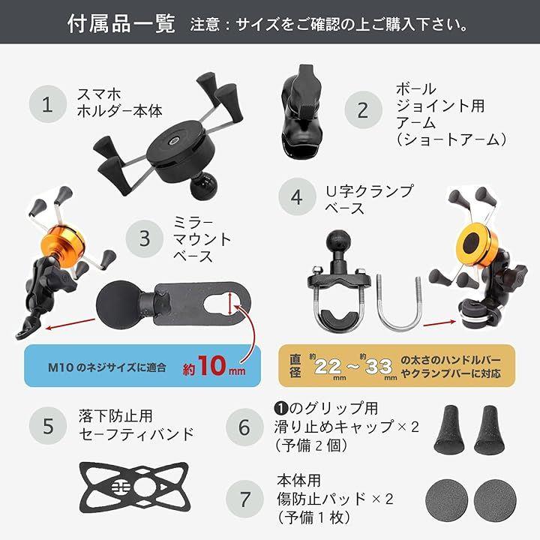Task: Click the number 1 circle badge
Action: (48, 104)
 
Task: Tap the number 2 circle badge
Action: (363, 109)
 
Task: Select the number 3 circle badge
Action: (144, 238)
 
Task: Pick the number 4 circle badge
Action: (297, 197)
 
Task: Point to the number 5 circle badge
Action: (48, 426)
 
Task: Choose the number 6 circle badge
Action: (244, 427)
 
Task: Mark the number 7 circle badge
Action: (244, 499)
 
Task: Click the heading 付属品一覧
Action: (121, 24)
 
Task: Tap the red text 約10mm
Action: (214, 366)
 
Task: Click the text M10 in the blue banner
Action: (61, 367)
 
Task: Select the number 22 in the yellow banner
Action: (328, 367)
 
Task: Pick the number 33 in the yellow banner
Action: (379, 367)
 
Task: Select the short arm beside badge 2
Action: (302, 113)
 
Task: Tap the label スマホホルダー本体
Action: (119, 103)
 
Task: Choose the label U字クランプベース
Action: (369, 199)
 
